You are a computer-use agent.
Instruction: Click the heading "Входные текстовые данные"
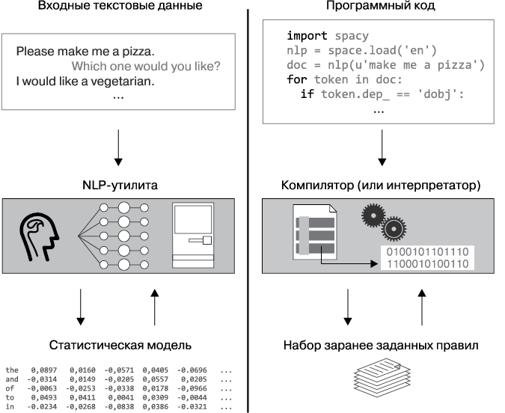[120, 5]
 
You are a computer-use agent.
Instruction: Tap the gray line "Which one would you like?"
[146, 67]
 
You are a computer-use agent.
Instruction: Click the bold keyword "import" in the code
[307, 35]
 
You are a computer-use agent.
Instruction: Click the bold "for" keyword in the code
[296, 79]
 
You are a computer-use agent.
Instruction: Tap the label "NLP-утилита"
[120, 186]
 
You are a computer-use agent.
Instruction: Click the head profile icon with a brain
[40, 236]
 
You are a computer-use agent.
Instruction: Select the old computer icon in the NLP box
[193, 235]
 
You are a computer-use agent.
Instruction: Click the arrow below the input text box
[118, 147]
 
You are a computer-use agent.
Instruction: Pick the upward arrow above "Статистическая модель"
[155, 307]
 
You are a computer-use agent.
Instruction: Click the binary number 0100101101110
[427, 252]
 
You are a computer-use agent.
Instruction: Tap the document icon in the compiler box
[315, 232]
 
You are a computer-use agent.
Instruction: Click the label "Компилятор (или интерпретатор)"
[381, 186]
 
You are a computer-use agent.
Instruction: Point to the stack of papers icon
[382, 378]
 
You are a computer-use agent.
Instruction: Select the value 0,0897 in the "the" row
[44, 370]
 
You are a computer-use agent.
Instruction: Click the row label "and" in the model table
[12, 379]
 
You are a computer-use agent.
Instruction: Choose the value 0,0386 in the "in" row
[155, 406]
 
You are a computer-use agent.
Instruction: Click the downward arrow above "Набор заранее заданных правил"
[347, 307]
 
